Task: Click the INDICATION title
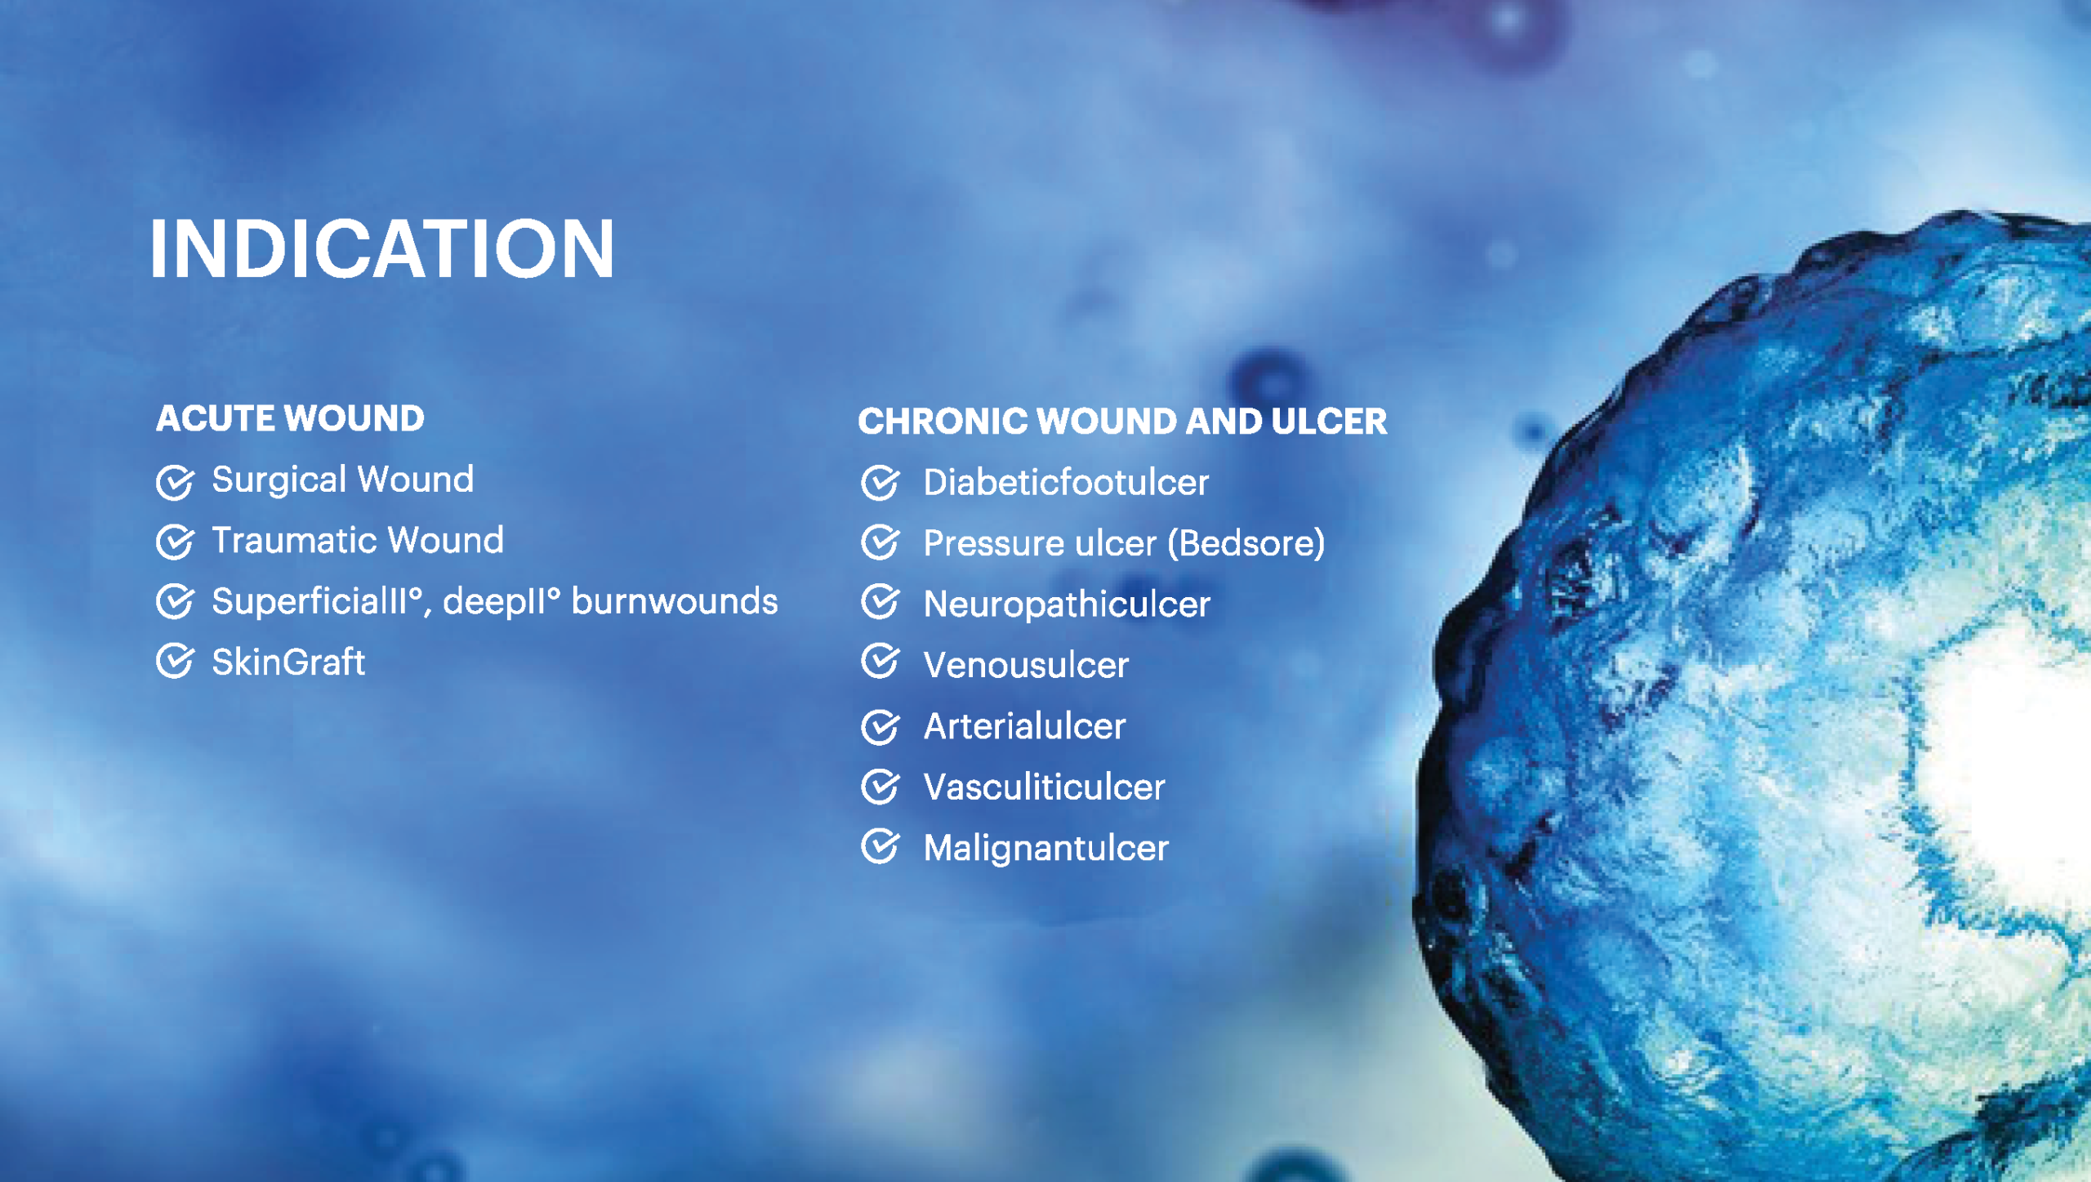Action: [x=381, y=248]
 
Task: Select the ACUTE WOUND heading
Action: [x=290, y=418]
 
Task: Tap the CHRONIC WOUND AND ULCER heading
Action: [x=1122, y=422]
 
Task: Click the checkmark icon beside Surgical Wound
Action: [x=175, y=482]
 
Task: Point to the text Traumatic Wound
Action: [x=358, y=540]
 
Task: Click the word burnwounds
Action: [x=675, y=601]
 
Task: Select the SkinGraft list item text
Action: [x=288, y=662]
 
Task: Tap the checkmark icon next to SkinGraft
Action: [x=175, y=661]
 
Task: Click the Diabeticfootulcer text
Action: [x=1066, y=482]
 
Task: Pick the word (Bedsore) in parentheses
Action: [x=1246, y=543]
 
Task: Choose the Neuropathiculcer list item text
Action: [x=1067, y=604]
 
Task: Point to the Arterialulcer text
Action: [x=1024, y=726]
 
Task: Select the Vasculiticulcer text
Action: [x=1044, y=787]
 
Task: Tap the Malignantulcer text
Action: [x=1046, y=848]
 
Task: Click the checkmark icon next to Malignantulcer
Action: [x=881, y=846]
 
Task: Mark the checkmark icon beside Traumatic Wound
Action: [x=175, y=542]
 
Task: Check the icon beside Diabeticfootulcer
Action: [x=881, y=482]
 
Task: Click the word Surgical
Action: [x=279, y=480]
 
